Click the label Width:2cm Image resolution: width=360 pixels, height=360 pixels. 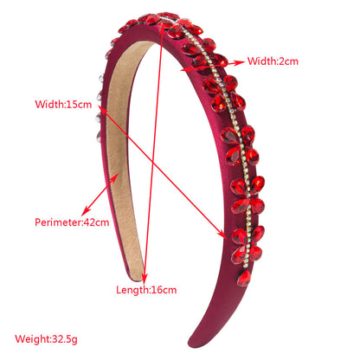[273, 61]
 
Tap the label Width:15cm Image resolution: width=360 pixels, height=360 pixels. [63, 104]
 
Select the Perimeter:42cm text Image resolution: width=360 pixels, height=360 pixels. [72, 222]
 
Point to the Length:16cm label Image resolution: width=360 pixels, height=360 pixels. [146, 290]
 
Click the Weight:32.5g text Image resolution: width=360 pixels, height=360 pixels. [46, 339]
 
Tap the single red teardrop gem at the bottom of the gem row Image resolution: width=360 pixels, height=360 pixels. [244, 278]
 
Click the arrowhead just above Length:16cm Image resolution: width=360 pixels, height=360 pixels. [145, 278]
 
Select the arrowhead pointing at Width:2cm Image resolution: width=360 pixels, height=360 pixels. [240, 62]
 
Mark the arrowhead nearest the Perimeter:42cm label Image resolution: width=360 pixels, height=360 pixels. [86, 211]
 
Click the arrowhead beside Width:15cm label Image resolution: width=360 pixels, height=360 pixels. [103, 110]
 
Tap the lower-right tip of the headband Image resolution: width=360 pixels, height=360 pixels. [192, 344]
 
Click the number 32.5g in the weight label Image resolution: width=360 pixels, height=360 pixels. [65, 339]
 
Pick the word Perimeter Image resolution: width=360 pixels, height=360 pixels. [58, 222]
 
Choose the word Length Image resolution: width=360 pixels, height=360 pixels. [132, 290]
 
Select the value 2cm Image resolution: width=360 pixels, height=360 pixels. [288, 61]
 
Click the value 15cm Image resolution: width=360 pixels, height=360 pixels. [79, 104]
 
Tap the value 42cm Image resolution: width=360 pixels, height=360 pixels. [97, 222]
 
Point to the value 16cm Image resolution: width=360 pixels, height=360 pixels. [164, 290]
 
